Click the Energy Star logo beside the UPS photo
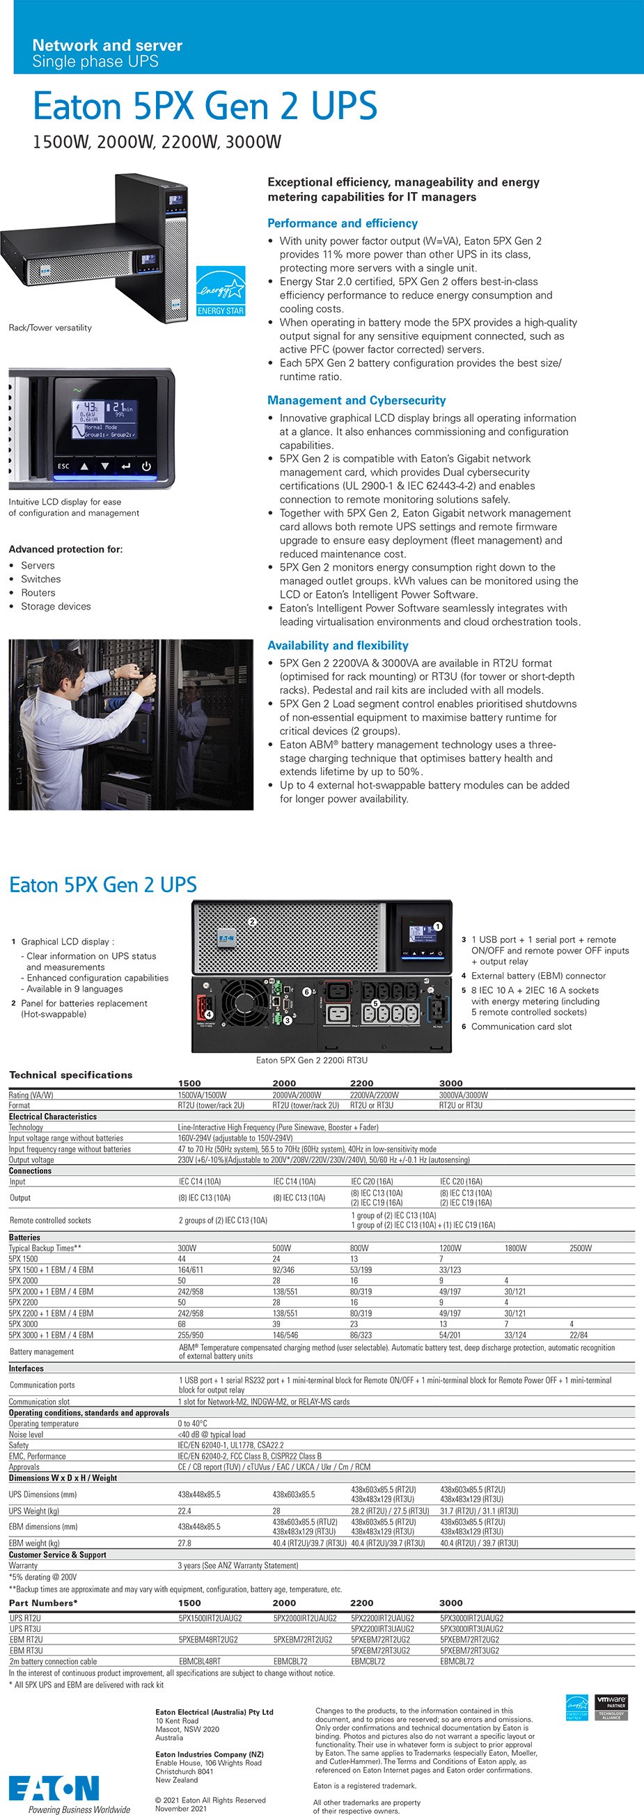pos(221,291)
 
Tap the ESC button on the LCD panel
pos(63,466)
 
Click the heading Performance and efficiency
pos(343,223)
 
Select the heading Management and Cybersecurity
pos(356,400)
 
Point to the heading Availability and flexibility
pos(338,645)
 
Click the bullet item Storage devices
pos(56,606)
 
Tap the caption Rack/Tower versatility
pos(50,328)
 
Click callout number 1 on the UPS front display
pos(437,926)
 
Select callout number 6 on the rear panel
pos(306,991)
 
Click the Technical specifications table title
pos(70,1075)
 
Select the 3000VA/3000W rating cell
pos(463,1095)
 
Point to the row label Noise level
pos(26,1434)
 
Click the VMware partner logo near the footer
pos(611,1707)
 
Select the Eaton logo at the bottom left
pos(54,1789)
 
